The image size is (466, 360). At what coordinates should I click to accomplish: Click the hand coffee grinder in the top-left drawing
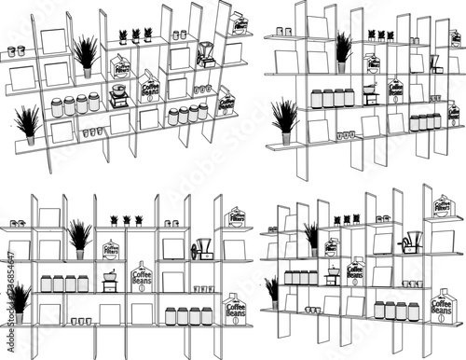(x=117, y=96)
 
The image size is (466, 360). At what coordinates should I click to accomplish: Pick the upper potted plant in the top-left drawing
(x=86, y=54)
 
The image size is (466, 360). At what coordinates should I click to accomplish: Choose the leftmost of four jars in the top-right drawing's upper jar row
(x=315, y=98)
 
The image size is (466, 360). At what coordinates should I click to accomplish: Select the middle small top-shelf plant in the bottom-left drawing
(x=126, y=220)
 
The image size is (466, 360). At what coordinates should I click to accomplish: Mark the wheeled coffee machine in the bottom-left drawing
(x=202, y=249)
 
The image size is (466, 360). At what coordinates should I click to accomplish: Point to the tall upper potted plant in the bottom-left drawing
(x=80, y=237)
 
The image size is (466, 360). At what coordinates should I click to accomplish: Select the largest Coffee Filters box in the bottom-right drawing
(x=442, y=205)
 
